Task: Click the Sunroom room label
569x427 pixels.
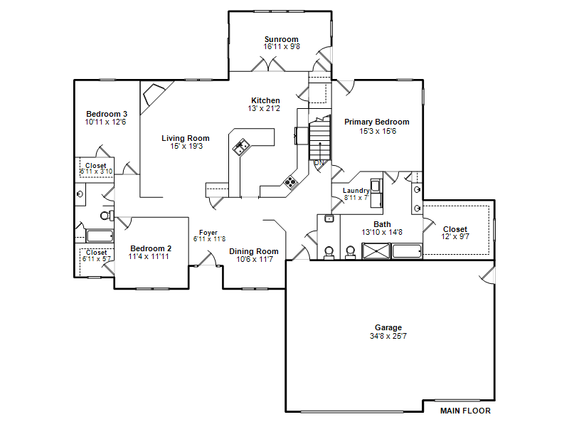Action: point(281,39)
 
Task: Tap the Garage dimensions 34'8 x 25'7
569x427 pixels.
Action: point(388,336)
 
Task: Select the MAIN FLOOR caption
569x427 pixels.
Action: point(465,411)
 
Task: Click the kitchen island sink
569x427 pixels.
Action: point(241,147)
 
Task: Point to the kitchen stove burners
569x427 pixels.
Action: point(290,181)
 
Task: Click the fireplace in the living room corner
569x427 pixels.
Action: point(154,95)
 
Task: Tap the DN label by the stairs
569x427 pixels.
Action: point(319,163)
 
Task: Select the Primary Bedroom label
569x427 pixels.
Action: point(377,122)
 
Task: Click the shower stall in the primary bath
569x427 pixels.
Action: point(376,251)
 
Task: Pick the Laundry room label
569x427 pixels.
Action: point(356,191)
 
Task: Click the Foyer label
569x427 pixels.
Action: point(208,233)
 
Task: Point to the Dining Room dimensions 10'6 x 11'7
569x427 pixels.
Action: point(255,259)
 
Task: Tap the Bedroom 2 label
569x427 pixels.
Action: point(151,248)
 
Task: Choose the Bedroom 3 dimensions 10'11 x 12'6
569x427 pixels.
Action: point(105,122)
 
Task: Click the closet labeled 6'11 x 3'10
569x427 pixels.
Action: point(96,169)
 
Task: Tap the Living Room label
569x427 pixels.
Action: point(186,138)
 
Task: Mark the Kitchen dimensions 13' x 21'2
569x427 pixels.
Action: point(264,108)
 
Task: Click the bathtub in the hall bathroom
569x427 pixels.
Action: point(100,236)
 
